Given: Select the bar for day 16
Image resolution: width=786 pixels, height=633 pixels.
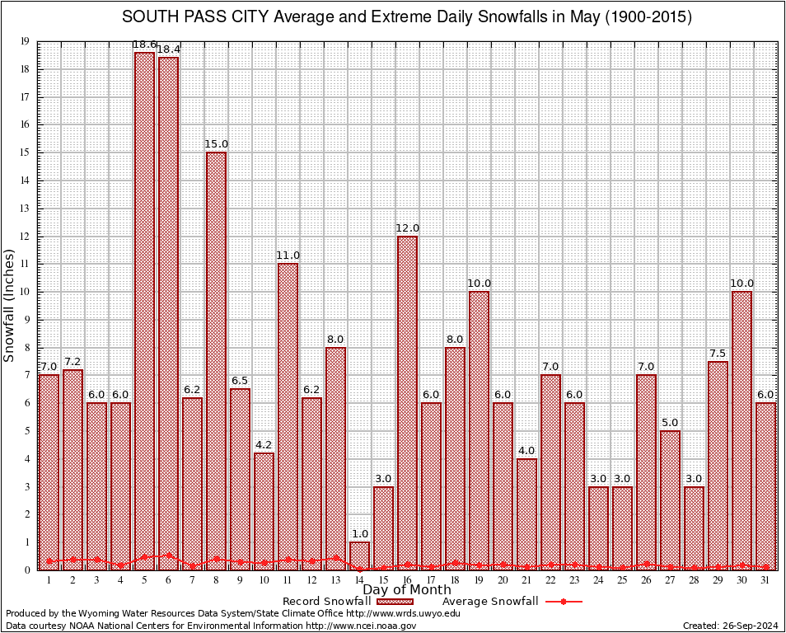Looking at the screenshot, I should [407, 403].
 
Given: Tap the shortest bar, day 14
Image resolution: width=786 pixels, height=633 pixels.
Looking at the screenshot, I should [359, 556].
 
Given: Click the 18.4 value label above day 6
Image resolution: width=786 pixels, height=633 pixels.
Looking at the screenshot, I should [168, 49].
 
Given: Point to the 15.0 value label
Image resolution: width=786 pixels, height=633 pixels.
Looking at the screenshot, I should [216, 144].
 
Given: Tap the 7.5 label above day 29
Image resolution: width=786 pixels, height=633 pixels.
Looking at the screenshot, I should [718, 354].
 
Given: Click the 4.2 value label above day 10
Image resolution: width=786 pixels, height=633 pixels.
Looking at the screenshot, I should [264, 445].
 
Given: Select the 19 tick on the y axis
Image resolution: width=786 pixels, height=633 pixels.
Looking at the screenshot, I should [26, 41].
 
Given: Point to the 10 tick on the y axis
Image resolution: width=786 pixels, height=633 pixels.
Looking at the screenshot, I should [26, 292].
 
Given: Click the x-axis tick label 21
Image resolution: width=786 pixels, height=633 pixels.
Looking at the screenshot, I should [526, 580].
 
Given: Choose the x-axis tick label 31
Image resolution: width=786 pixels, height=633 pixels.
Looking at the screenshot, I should [765, 580].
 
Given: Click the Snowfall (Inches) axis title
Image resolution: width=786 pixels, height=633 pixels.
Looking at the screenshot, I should [10, 306].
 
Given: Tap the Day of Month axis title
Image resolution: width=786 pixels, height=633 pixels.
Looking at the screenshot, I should [407, 590].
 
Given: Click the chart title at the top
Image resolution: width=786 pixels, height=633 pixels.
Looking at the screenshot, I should [407, 17].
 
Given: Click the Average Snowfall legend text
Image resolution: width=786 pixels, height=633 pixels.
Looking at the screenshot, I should [489, 602].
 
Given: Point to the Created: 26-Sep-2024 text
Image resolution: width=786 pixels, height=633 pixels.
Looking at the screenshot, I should [730, 626].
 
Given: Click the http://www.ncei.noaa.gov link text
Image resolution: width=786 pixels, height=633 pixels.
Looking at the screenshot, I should [361, 626].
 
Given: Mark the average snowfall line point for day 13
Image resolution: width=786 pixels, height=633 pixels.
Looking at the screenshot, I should [335, 557].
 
